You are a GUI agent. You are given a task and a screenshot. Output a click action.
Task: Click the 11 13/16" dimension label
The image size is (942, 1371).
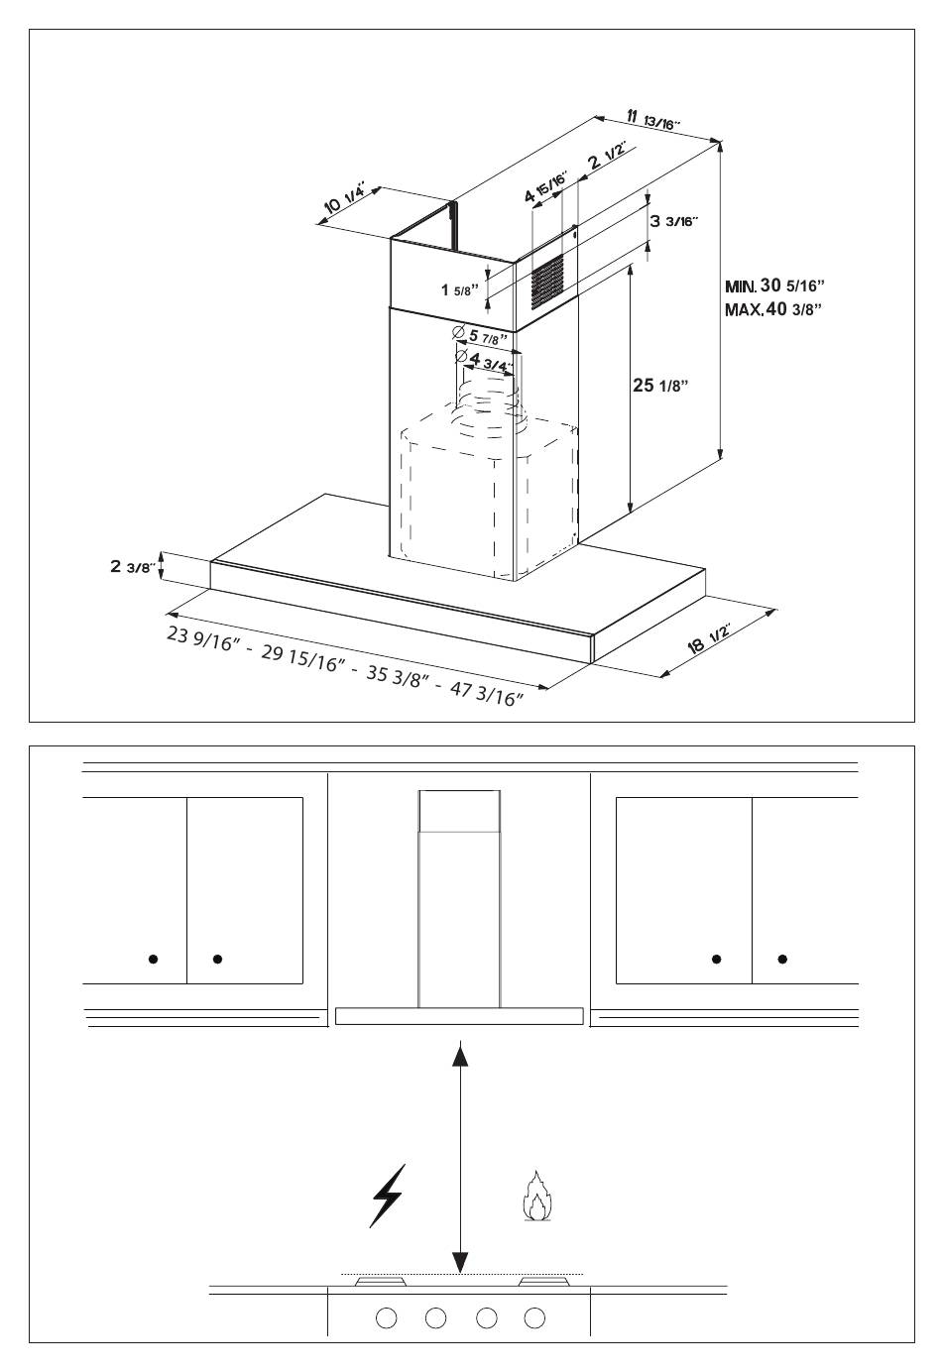pos(653,119)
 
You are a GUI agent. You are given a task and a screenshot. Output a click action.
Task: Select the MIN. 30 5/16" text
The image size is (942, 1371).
pos(774,286)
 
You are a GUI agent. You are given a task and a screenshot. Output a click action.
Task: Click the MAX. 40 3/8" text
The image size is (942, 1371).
pos(773,309)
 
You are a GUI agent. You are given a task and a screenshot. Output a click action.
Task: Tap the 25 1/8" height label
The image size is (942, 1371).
pos(660,385)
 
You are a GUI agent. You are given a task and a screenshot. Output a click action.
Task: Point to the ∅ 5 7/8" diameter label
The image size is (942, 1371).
pos(480,336)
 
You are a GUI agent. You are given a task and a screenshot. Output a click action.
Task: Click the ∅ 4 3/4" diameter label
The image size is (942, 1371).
pos(484,361)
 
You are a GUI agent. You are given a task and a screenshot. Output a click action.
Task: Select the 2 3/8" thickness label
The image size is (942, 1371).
pos(133,567)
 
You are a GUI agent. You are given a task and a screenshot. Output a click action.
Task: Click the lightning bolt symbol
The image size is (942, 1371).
pos(387,1195)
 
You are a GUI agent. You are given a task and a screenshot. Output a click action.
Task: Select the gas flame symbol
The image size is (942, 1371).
pos(537,1197)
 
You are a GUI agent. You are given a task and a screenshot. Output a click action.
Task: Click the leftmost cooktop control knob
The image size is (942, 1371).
pos(387,1317)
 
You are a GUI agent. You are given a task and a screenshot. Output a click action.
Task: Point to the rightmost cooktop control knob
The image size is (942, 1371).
pos(534,1317)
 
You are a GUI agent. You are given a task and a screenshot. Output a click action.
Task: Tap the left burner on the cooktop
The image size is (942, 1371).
pos(380,1281)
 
